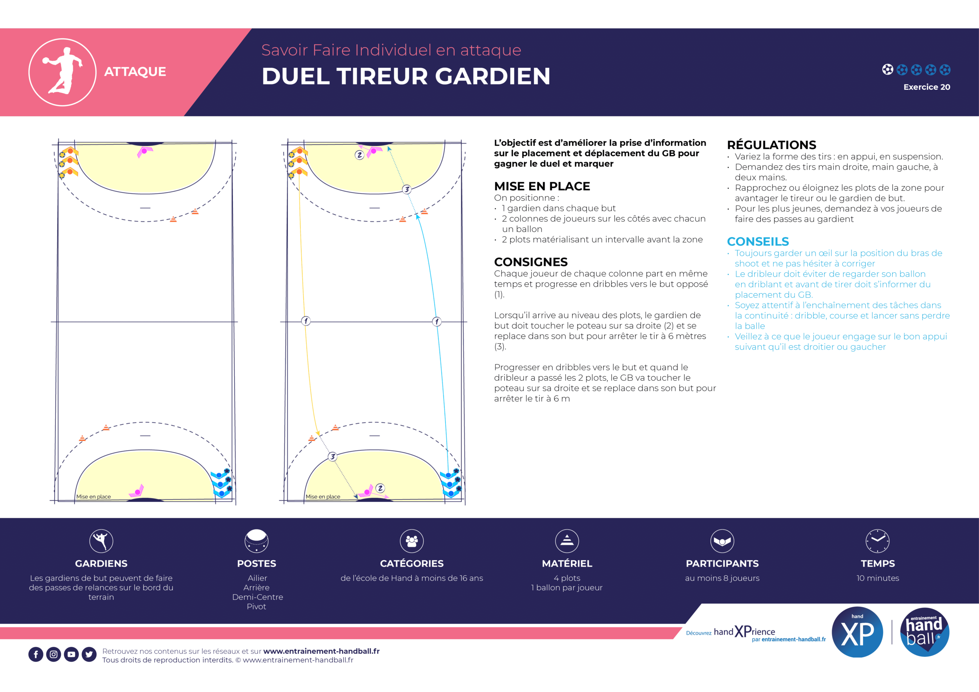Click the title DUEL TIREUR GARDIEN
(405, 76)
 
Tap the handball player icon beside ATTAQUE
(63, 72)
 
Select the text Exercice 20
(927, 87)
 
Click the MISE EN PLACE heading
(542, 186)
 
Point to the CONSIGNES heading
(531, 262)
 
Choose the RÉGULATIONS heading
(771, 145)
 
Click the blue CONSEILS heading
(758, 241)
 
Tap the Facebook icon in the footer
(36, 655)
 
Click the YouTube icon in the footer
(71, 655)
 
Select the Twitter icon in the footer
(89, 655)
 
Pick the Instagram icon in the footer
(54, 655)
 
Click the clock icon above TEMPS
(878, 541)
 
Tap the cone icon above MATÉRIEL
(567, 541)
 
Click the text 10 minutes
(878, 578)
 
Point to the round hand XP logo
(857, 632)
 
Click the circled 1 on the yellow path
(306, 321)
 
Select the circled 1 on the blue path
(437, 322)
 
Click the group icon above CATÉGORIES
(411, 541)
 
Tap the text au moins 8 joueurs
(722, 578)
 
